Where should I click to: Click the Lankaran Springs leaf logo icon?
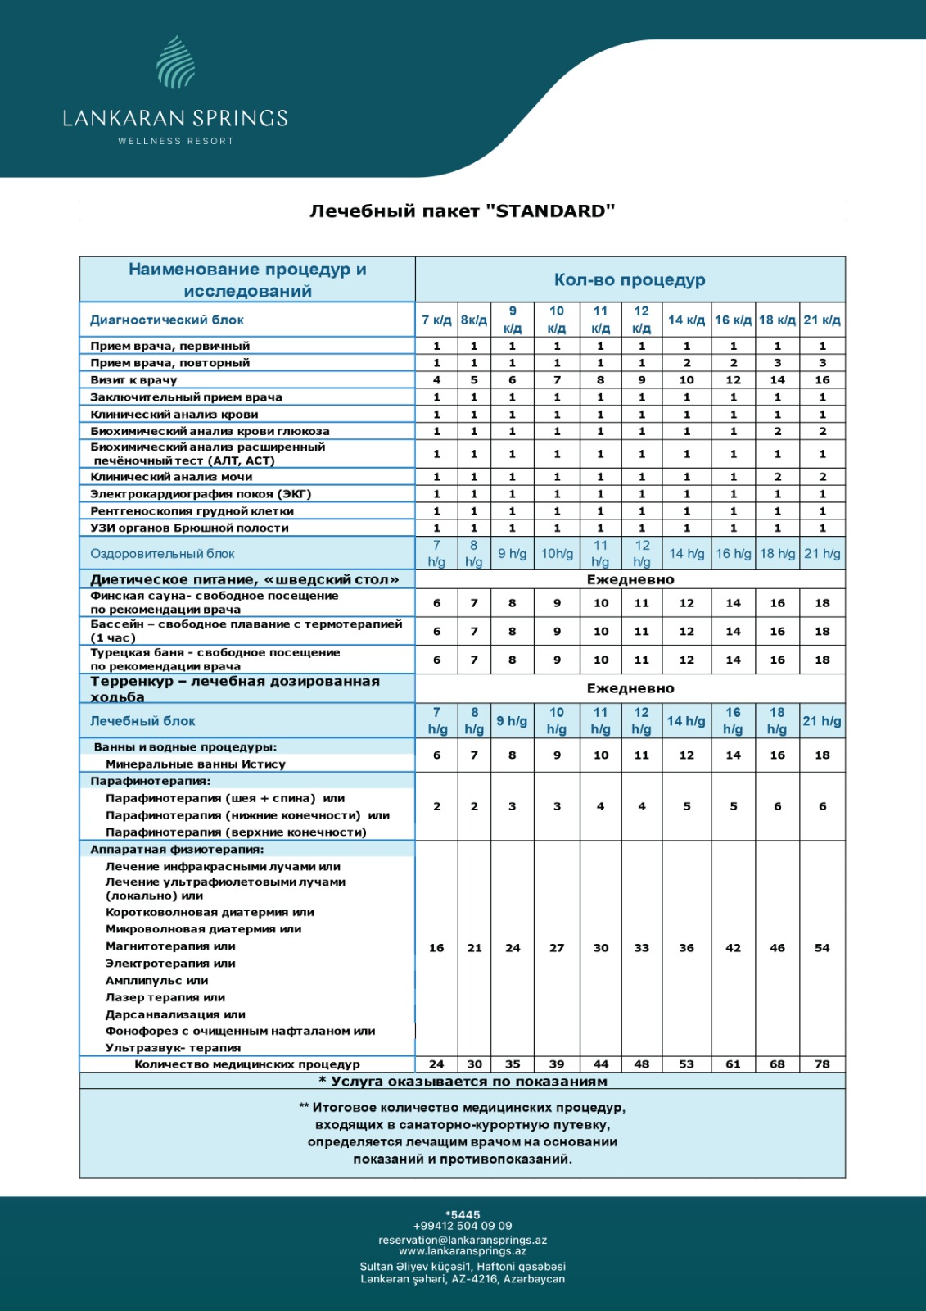click(175, 62)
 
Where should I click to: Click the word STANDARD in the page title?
click(550, 211)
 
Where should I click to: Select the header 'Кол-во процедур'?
click(629, 280)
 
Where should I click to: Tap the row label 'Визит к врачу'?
click(133, 380)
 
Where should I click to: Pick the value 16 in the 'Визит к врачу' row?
click(822, 380)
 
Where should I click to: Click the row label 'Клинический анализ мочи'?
click(171, 477)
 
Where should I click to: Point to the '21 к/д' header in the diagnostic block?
click(822, 320)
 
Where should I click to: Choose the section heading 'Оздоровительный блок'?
click(162, 554)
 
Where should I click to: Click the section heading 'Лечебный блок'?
click(142, 721)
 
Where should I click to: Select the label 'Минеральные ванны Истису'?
click(195, 764)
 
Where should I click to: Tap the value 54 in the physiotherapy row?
click(822, 948)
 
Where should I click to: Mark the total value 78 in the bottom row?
click(822, 1064)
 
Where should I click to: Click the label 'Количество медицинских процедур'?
click(246, 1064)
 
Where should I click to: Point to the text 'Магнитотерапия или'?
click(170, 946)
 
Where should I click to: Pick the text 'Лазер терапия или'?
click(165, 998)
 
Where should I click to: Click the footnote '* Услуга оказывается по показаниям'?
click(463, 1082)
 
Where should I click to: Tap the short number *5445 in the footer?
click(463, 1215)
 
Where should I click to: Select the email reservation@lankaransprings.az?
click(463, 1241)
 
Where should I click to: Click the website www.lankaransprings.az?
click(463, 1251)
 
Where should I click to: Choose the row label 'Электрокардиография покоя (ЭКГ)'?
click(201, 494)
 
